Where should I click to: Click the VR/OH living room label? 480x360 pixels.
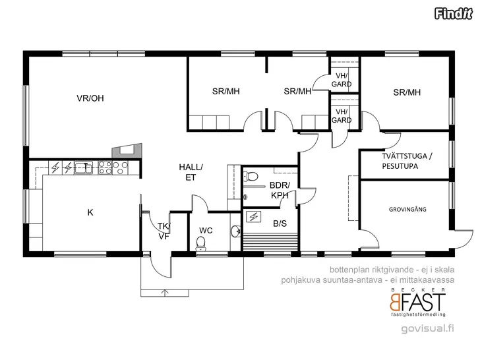[90, 98]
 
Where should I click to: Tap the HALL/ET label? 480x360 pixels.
[191, 172]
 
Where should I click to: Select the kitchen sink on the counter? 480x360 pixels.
[84, 167]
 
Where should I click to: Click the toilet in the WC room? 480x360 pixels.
[201, 243]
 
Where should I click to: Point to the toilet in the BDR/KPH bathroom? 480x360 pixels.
[251, 176]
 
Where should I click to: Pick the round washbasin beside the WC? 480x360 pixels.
[236, 231]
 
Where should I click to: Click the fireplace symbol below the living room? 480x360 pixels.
[127, 150]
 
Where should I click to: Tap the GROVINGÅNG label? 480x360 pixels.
[407, 210]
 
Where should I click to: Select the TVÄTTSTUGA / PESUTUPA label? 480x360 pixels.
[407, 161]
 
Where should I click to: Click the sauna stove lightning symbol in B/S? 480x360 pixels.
[254, 217]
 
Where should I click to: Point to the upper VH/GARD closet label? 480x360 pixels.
[342, 80]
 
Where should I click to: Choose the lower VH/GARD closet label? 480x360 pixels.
[342, 116]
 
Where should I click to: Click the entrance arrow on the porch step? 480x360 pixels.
[165, 293]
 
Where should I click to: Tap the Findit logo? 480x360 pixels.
[454, 13]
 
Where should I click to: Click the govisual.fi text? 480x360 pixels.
[428, 328]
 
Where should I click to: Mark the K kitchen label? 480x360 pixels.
[90, 212]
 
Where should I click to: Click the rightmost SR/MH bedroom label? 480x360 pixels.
[407, 92]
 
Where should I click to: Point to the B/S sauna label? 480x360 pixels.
[280, 224]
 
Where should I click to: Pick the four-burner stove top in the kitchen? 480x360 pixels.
[105, 168]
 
